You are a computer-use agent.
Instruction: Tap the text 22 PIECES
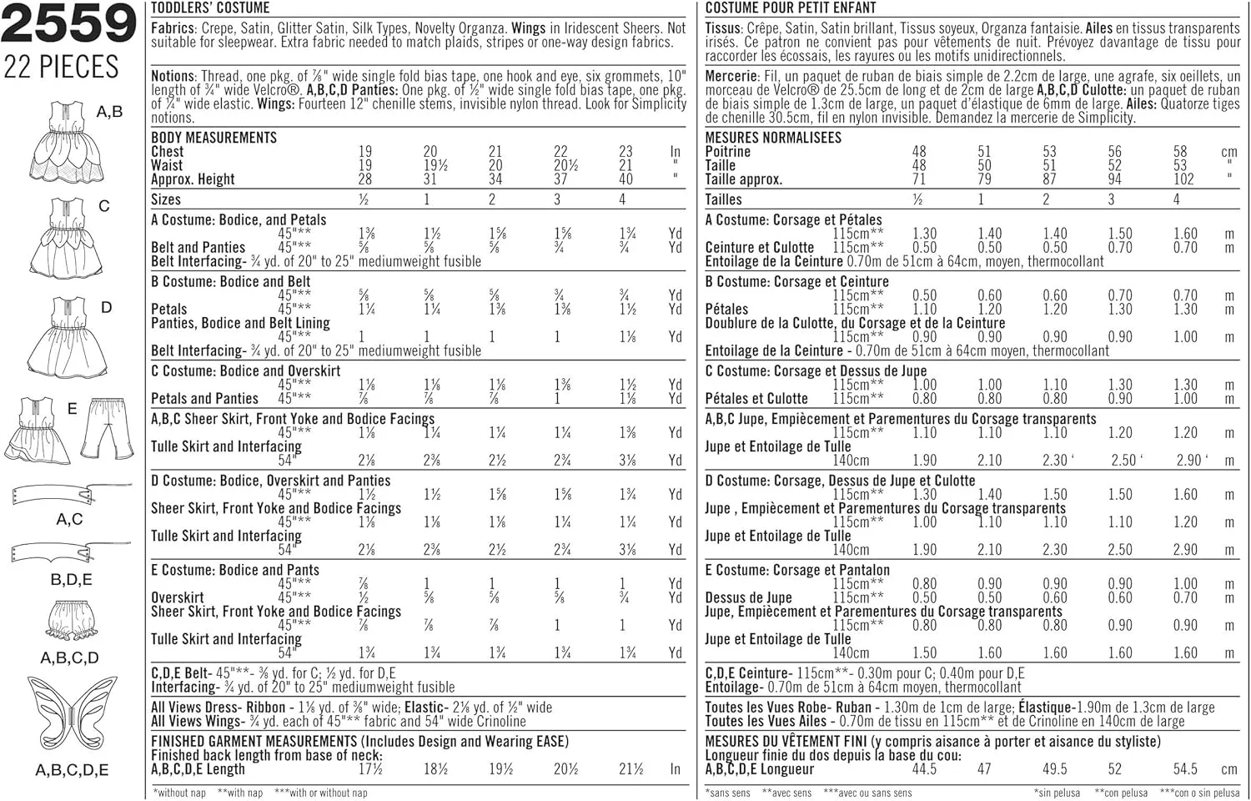(x=62, y=67)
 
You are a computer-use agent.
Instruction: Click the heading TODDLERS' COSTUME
(x=210, y=8)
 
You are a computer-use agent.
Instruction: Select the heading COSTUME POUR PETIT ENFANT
(x=791, y=8)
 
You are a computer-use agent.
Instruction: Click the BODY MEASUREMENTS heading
(x=214, y=138)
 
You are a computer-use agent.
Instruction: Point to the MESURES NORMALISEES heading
(x=773, y=138)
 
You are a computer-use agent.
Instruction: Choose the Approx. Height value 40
(x=625, y=179)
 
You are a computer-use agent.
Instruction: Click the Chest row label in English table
(x=168, y=152)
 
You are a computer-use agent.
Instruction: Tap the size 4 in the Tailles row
(x=1176, y=199)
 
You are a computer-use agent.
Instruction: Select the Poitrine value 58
(x=1179, y=152)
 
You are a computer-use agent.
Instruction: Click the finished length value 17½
(x=370, y=769)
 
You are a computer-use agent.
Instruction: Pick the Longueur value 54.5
(x=1184, y=769)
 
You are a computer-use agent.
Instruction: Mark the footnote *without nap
(x=179, y=793)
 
